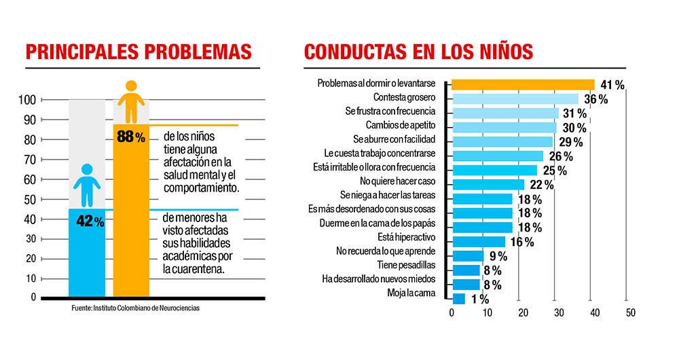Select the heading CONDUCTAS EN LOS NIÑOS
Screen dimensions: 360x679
[x=418, y=53]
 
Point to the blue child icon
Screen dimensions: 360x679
[x=87, y=185]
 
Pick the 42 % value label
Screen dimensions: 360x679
[x=90, y=221]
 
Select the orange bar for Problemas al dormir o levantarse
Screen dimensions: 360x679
[x=523, y=84]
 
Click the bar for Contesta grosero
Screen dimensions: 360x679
[x=515, y=98]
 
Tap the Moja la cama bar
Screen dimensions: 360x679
[x=458, y=298]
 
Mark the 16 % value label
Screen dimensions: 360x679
[x=521, y=242]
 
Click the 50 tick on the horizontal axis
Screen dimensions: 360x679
[x=629, y=313]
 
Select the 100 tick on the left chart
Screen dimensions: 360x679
[x=26, y=101]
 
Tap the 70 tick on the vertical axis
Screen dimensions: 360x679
[x=29, y=160]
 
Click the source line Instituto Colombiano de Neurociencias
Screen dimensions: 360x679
[x=136, y=308]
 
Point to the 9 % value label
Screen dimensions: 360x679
[x=498, y=256]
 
